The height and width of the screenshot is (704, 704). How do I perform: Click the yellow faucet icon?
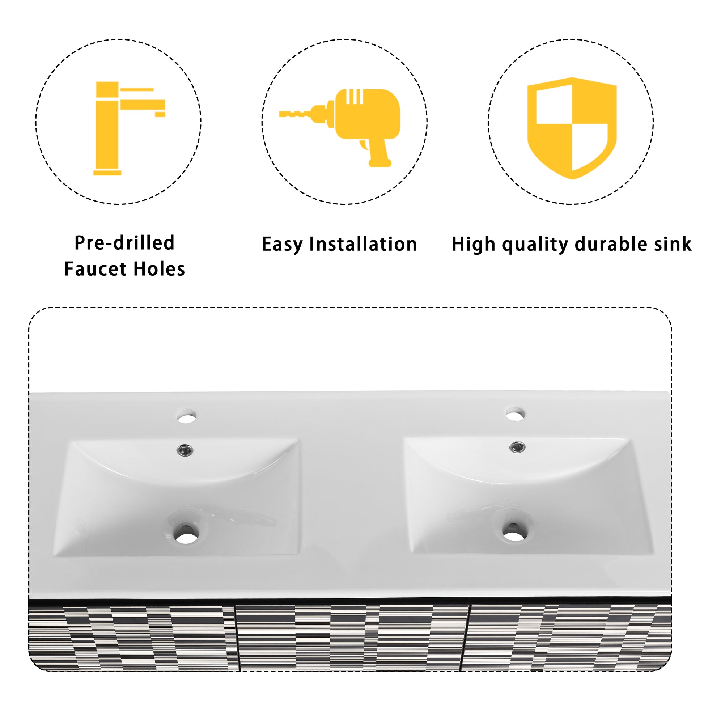pos(124,128)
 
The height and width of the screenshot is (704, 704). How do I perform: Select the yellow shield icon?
pos(572,128)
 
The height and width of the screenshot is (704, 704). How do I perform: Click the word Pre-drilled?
pos(124,243)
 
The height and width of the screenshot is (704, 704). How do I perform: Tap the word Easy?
pos(282,245)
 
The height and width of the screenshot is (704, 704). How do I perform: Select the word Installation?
pos(363,244)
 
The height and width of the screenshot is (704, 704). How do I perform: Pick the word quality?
pos(535,245)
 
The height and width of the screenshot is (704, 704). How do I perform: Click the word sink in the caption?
pos(672,244)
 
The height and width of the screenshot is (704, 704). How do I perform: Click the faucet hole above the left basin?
pos(187,416)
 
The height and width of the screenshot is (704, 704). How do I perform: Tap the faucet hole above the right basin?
pos(515,414)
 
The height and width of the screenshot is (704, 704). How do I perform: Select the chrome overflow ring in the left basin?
pos(185,450)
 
